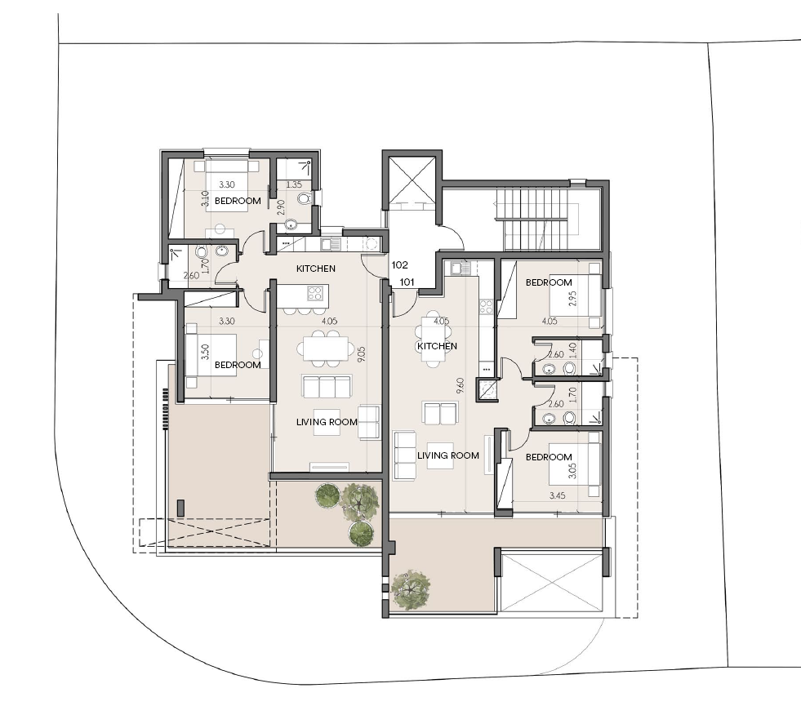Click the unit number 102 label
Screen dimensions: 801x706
pyautogui.click(x=399, y=265)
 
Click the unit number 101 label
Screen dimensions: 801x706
pyautogui.click(x=407, y=282)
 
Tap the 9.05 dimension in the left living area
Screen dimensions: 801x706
pyautogui.click(x=362, y=354)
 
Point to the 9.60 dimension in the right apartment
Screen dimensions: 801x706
pyautogui.click(x=461, y=385)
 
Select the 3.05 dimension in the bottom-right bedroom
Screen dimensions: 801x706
pyautogui.click(x=572, y=470)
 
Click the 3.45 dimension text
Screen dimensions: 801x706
pyautogui.click(x=558, y=495)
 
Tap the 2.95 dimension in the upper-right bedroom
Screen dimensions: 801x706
pyautogui.click(x=572, y=299)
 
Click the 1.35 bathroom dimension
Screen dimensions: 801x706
pyautogui.click(x=294, y=184)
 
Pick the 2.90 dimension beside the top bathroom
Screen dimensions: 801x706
pyautogui.click(x=281, y=207)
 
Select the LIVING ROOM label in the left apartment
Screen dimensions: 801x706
pyautogui.click(x=327, y=422)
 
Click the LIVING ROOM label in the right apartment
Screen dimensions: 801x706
pyautogui.click(x=448, y=455)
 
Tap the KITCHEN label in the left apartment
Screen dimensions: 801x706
pyautogui.click(x=316, y=269)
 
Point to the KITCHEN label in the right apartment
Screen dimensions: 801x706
pyautogui.click(x=438, y=346)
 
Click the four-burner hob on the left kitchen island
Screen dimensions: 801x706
pyautogui.click(x=314, y=293)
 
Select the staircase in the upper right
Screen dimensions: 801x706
pyautogui.click(x=536, y=219)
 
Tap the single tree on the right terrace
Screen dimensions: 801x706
pyautogui.click(x=410, y=589)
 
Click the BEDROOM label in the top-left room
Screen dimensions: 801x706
pyautogui.click(x=238, y=201)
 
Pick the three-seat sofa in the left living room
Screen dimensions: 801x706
pyautogui.click(x=327, y=386)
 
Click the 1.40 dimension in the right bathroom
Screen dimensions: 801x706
pyautogui.click(x=572, y=351)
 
